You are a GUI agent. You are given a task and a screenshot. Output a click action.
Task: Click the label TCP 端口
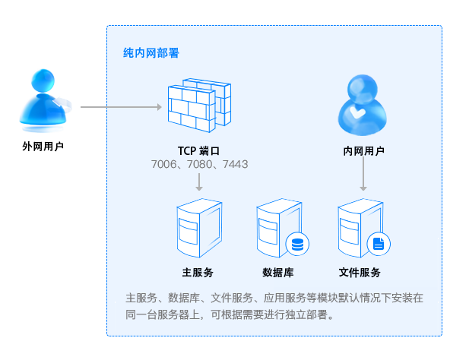click(x=198, y=151)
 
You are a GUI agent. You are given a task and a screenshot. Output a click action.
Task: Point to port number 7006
click(x=164, y=164)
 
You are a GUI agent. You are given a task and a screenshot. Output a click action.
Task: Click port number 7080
click(x=200, y=164)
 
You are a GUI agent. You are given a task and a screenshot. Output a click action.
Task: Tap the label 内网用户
click(x=363, y=151)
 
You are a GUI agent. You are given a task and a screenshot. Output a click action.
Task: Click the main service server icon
click(x=197, y=227)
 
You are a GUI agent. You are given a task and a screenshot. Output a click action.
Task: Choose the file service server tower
click(x=357, y=227)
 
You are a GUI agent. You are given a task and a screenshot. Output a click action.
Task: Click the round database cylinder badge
click(x=296, y=245)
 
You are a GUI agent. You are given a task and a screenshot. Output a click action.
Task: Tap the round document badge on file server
click(x=379, y=245)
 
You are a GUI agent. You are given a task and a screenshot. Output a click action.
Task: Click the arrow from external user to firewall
click(x=122, y=107)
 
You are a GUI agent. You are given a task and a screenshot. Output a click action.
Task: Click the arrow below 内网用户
click(x=363, y=175)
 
